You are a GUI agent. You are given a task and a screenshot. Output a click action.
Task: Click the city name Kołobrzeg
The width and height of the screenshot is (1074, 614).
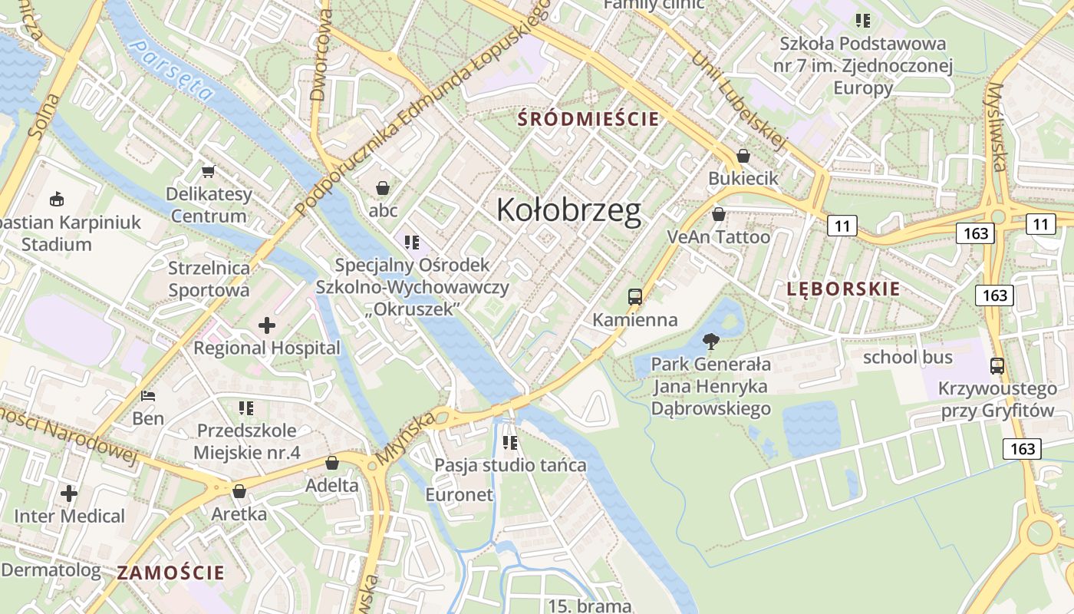click(x=568, y=210)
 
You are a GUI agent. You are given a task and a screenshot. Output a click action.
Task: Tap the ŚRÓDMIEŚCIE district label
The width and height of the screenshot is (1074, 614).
click(x=588, y=119)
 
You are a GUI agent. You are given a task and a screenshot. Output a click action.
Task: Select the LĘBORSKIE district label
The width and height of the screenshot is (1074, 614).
click(x=843, y=289)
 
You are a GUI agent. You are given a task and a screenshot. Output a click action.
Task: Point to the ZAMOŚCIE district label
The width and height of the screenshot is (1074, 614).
click(x=171, y=573)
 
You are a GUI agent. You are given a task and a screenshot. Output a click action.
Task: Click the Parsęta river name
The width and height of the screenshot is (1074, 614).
click(x=172, y=71)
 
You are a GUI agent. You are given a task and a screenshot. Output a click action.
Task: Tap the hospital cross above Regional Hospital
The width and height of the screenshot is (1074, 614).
click(x=267, y=326)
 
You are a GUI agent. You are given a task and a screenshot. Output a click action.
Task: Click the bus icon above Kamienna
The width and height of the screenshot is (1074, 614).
click(x=634, y=297)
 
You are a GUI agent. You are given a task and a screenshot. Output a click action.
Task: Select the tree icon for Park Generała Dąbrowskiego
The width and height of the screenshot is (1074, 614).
click(x=711, y=342)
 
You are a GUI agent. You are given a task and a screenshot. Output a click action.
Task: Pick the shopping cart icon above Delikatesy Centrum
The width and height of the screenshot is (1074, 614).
click(x=208, y=171)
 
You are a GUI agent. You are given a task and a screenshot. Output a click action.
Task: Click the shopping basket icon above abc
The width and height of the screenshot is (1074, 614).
click(x=383, y=188)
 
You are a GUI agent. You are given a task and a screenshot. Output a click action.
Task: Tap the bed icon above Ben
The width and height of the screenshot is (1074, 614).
click(x=148, y=397)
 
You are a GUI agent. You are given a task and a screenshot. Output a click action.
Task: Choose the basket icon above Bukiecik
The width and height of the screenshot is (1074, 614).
click(x=743, y=156)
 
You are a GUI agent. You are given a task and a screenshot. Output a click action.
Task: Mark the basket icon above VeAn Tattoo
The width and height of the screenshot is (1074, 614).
click(x=719, y=214)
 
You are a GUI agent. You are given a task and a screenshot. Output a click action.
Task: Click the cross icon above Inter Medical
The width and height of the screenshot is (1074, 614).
click(x=69, y=493)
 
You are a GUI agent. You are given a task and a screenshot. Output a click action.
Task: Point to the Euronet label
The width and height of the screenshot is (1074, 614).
click(x=460, y=495)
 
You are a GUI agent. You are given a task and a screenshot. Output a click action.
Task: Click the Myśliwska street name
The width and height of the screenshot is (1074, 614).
click(x=997, y=127)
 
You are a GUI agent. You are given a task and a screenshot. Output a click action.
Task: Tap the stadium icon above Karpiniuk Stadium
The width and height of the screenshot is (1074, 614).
click(x=57, y=200)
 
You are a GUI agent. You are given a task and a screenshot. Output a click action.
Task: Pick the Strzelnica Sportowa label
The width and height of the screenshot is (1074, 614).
click(x=209, y=279)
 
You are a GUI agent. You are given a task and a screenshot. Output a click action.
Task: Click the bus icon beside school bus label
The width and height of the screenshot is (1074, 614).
click(x=997, y=366)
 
